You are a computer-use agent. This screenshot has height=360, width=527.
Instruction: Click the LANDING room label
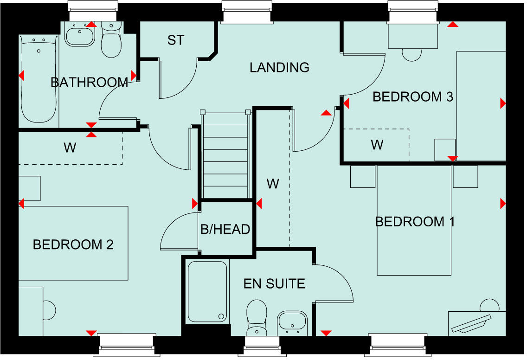279,68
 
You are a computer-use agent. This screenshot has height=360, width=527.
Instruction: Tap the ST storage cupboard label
176,40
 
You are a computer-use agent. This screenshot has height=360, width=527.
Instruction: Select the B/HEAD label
225,229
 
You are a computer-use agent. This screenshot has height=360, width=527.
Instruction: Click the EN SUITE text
274,284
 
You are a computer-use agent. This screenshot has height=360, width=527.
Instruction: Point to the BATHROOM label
90,83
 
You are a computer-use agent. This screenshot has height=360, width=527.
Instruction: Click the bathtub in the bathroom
39,79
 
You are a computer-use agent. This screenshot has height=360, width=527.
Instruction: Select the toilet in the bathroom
111,39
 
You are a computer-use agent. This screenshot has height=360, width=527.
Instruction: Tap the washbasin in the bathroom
80,35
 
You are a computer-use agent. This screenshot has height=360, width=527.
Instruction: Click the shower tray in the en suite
207,291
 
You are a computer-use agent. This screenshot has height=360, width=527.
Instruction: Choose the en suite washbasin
292,323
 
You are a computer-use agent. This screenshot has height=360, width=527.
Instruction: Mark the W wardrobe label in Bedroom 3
377,145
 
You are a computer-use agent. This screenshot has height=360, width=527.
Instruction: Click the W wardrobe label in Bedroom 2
70,148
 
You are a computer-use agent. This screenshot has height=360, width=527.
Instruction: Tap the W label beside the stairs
273,184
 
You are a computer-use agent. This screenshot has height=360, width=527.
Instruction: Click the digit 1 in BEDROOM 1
452,222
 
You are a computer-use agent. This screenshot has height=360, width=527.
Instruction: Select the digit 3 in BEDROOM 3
450,97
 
